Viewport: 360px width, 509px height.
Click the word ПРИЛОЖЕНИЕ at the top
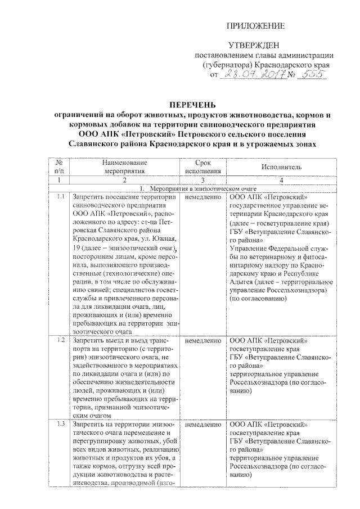[256, 26]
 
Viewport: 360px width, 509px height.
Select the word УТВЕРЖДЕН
[256, 45]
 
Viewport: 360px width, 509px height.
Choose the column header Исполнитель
[282, 167]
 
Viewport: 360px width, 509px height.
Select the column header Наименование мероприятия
[125, 167]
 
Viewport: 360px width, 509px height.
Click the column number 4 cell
[282, 180]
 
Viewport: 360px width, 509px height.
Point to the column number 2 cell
[125, 180]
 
